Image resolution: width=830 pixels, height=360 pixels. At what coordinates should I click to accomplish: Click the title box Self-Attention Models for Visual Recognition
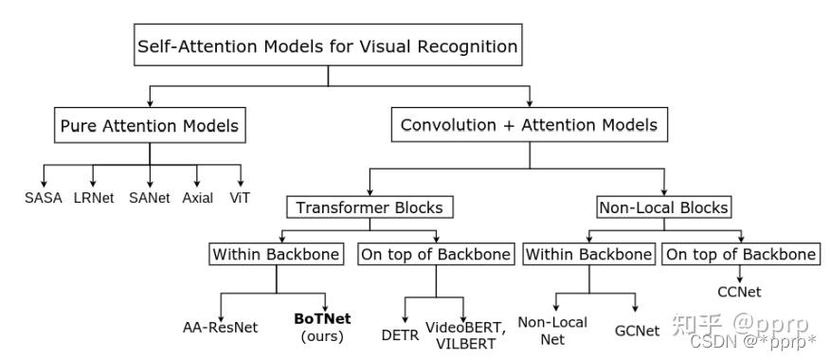[328, 46]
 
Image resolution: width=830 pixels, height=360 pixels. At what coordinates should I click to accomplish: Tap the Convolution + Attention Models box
[529, 125]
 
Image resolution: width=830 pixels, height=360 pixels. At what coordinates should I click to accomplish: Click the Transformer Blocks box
[369, 207]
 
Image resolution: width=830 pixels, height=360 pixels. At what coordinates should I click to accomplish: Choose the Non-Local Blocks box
[662, 207]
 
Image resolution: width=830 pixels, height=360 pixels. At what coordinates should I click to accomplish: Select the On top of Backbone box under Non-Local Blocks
[740, 255]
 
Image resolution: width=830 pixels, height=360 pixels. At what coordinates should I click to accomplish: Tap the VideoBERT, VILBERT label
[465, 334]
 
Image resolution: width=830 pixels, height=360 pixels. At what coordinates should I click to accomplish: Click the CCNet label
[739, 292]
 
